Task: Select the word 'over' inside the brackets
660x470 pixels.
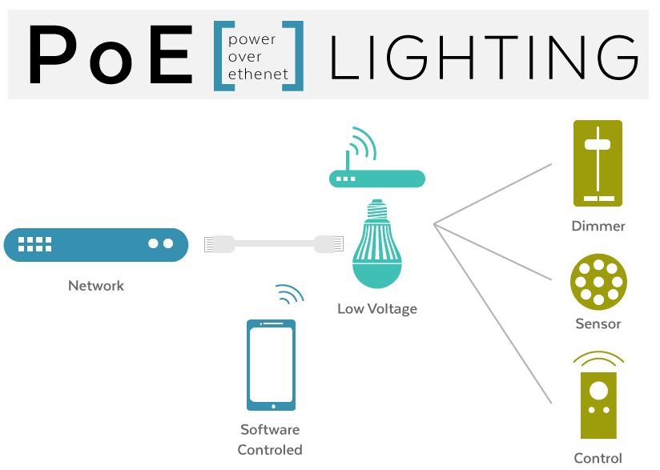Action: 245,57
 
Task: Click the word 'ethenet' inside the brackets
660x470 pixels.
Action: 258,74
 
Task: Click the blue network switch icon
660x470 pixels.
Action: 95,244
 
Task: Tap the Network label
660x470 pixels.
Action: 96,286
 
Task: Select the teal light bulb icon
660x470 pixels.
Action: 376,245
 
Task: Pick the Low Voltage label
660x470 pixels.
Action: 377,308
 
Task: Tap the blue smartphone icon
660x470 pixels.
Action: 271,365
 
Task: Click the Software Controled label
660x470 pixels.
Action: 270,440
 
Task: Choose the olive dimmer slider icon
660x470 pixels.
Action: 598,163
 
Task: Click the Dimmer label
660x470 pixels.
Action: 598,226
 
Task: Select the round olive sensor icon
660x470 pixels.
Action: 598,282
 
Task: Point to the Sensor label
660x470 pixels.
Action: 598,323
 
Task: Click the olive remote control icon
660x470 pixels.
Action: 598,404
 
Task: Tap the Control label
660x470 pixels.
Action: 598,458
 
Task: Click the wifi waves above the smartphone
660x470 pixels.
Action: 288,295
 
